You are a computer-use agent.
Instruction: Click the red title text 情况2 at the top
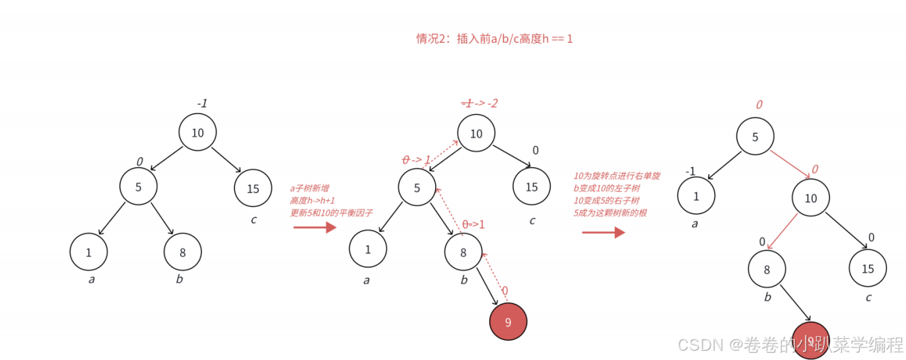pos(494,39)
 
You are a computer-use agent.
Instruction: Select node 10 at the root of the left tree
pos(197,133)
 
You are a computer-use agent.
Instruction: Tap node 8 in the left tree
pos(183,252)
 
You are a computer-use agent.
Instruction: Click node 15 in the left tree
pos(253,189)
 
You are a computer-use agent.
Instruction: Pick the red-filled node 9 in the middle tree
pos(508,322)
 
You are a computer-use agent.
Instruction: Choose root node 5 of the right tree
pos(755,137)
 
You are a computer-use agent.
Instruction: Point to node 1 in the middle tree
pos(368,249)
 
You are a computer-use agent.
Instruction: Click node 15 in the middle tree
pos(532,187)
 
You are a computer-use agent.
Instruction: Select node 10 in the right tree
pos(811,198)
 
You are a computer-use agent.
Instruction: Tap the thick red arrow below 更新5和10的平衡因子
pos(315,228)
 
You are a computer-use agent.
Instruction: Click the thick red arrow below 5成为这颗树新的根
pos(603,232)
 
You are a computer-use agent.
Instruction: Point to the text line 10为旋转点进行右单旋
pos(617,176)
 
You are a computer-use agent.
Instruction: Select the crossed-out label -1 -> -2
pos(479,103)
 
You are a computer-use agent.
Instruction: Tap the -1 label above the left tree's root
pos(202,104)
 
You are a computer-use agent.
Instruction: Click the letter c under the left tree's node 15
pos(254,219)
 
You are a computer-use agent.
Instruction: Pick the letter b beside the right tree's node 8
pos(767,297)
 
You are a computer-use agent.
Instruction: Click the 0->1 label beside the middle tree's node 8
pos(473,225)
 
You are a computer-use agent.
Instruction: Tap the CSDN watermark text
pos(790,344)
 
